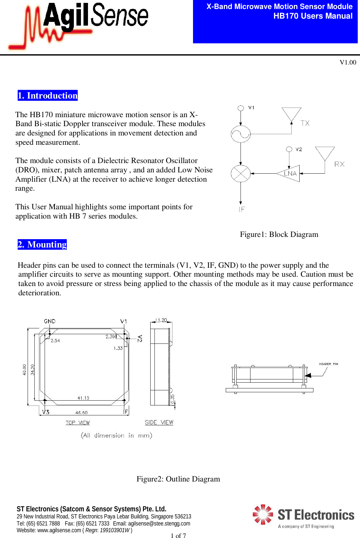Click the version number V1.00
pos(348,62)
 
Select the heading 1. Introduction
pos(48,95)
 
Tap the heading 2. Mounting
pos(42,244)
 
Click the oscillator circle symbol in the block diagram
pos(241,134)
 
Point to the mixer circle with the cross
pos(241,173)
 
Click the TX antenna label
pos(305,123)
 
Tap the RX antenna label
pos(339,164)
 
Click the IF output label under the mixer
pos(241,209)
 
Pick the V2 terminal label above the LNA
pos(299,149)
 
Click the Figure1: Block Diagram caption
pos(279,234)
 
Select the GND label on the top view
pos(50,321)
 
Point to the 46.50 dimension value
pos(81,412)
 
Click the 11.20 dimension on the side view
pos(161,320)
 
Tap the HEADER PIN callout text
pos(328,364)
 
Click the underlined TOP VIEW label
pos(78,422)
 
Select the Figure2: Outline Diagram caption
pos(178,479)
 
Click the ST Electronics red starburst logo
pos(263,514)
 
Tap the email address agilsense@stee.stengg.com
pos(159,524)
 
